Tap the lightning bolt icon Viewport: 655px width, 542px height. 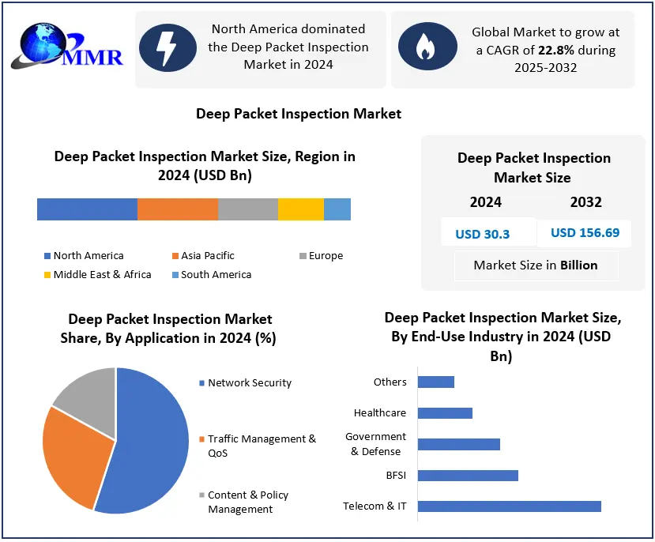168,47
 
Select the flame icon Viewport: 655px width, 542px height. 427,47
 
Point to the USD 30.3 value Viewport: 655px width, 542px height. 482,234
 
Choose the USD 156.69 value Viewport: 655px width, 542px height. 585,232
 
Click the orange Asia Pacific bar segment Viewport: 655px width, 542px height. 177,209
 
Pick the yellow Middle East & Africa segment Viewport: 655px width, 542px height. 300,209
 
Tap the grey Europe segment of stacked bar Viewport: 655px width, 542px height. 247,209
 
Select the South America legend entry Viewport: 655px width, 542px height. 210,274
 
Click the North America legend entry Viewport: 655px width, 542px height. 82,255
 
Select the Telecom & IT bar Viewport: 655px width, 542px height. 509,506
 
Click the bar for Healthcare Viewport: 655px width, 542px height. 445,412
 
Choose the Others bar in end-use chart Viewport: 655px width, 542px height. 435,382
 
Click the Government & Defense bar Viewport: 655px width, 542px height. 458,444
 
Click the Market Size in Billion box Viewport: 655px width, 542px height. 535,265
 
